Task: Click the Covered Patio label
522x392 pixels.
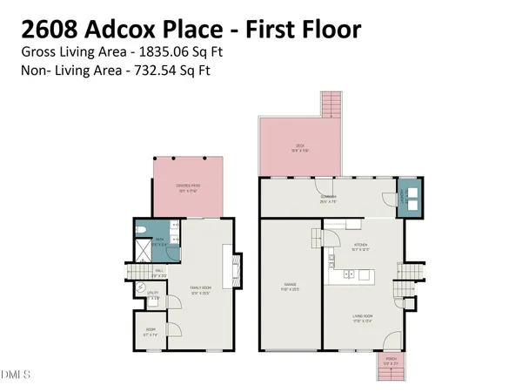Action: click(187, 186)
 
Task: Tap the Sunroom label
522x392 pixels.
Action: click(327, 199)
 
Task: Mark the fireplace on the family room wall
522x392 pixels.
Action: click(230, 264)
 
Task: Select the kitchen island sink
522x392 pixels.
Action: click(348, 275)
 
